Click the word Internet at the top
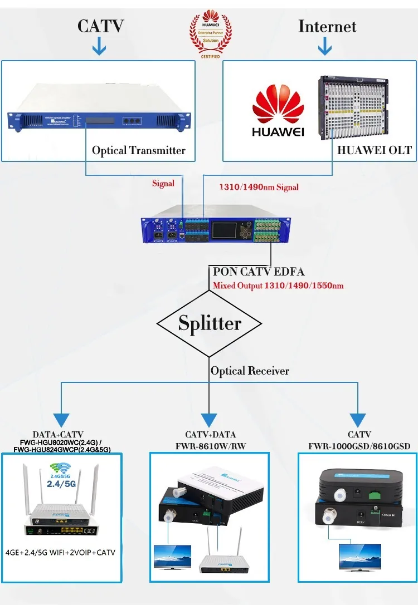click(327, 26)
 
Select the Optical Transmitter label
click(139, 150)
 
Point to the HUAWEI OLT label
click(375, 150)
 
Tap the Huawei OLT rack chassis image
click(365, 109)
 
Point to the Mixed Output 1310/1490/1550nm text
click(278, 286)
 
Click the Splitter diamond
click(210, 323)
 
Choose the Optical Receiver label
click(250, 371)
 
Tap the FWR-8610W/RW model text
click(210, 445)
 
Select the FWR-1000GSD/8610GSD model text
click(359, 446)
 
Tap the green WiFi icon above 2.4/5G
click(60, 468)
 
